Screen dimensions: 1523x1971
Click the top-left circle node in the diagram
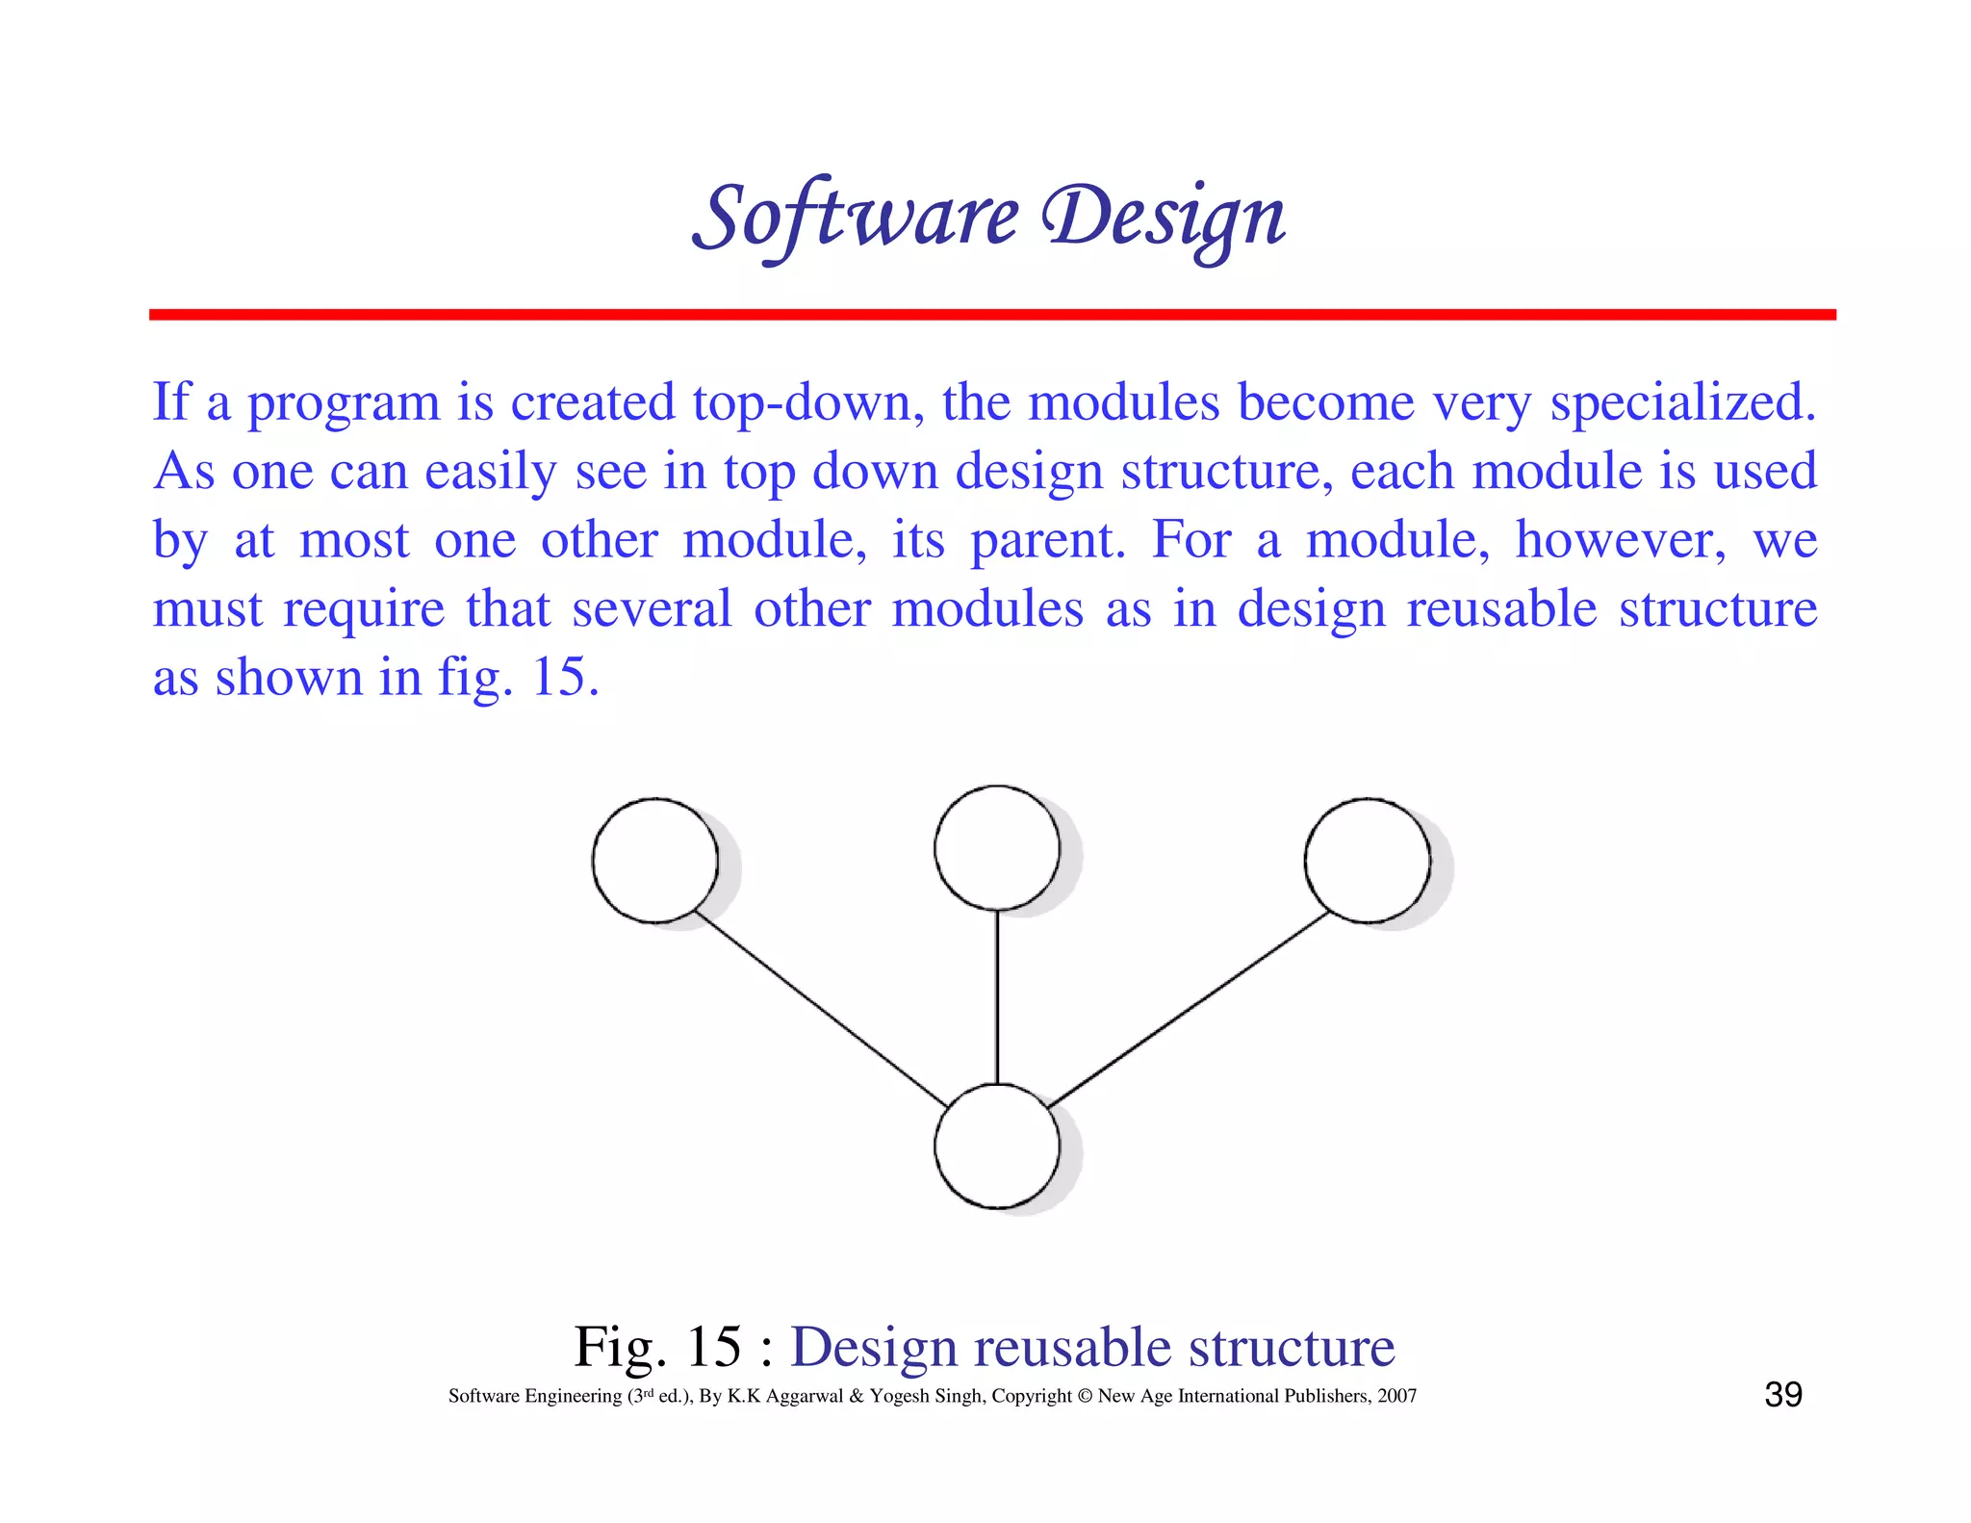tap(655, 861)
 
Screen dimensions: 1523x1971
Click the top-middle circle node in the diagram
tap(997, 848)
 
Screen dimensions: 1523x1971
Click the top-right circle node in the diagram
tap(1368, 861)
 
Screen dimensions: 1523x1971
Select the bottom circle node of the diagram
tap(997, 1147)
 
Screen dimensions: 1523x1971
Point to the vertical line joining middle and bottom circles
tap(997, 996)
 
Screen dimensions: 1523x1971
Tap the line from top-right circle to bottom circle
tap(1189, 1008)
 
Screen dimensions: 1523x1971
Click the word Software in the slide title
tap(856, 218)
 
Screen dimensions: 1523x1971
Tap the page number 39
tap(1783, 1395)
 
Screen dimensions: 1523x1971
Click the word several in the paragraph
tap(652, 609)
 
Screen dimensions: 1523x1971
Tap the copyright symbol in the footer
tap(1085, 1396)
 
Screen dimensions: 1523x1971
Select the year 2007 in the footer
tap(1396, 1396)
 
